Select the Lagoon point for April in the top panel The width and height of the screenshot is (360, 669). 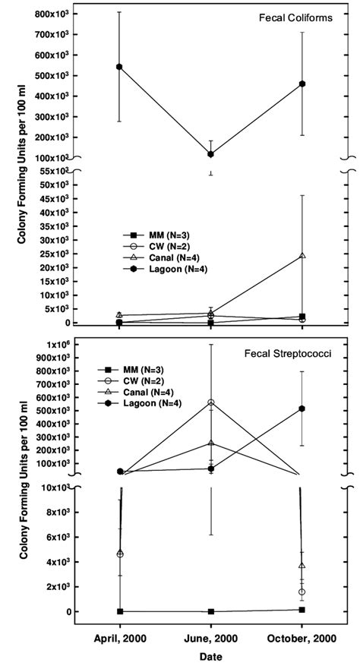(x=119, y=67)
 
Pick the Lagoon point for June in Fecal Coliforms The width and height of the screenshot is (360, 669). (x=210, y=154)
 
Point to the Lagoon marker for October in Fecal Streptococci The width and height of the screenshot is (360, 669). (x=302, y=409)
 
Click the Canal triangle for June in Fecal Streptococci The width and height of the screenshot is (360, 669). (x=210, y=443)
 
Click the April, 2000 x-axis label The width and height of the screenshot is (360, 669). (x=119, y=637)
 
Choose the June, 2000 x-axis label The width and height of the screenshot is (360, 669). (x=210, y=637)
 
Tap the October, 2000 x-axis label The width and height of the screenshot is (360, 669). (x=302, y=637)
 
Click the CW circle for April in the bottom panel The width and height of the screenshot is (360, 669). (x=119, y=554)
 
